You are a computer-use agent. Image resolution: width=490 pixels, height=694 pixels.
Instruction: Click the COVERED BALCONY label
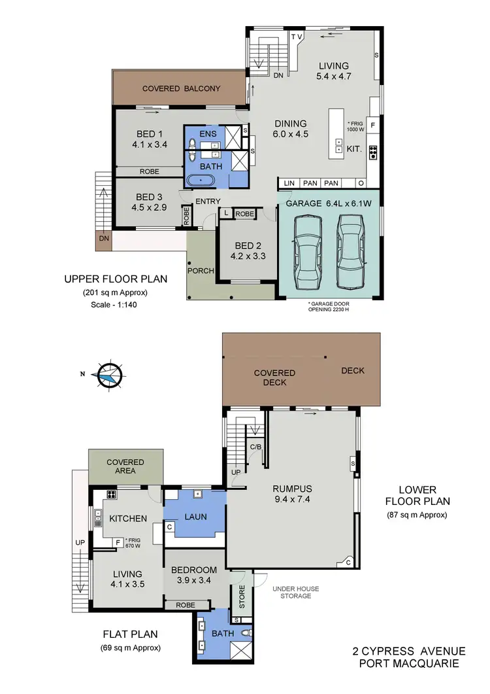[182, 88]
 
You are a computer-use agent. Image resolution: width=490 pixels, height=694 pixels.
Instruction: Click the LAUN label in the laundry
[195, 516]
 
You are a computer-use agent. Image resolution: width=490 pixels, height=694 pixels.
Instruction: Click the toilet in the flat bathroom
[245, 633]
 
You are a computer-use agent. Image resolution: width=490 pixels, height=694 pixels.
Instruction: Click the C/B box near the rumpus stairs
[257, 447]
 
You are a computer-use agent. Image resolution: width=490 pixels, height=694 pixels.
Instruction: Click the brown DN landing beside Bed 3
[104, 239]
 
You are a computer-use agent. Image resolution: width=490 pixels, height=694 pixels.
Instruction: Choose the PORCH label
[201, 270]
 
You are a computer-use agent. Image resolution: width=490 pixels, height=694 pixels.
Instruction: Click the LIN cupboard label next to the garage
[290, 182]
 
